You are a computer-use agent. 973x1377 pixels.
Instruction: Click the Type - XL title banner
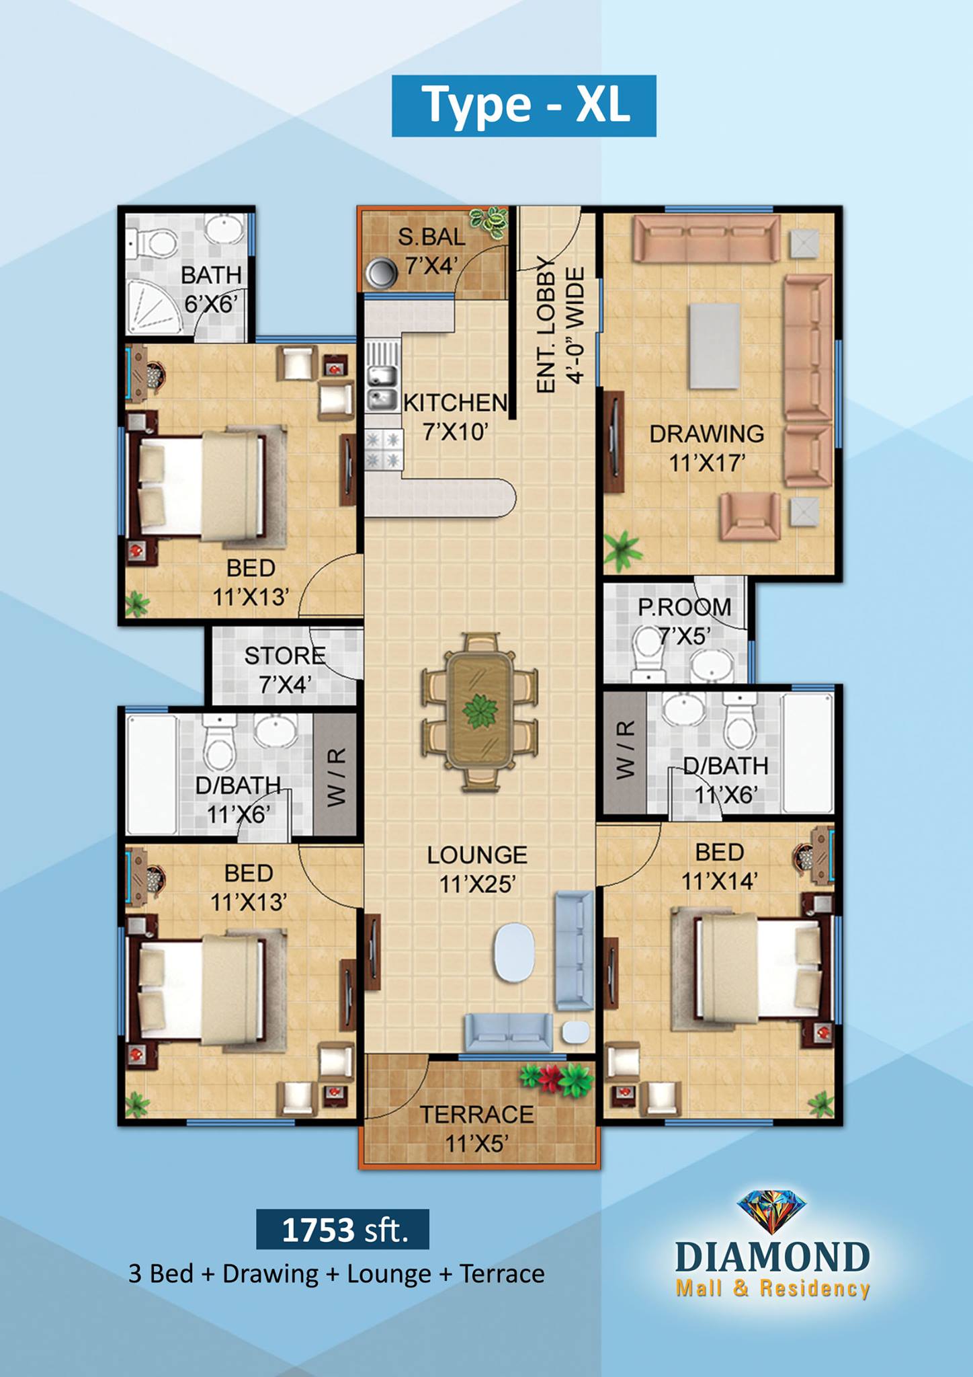pyautogui.click(x=524, y=106)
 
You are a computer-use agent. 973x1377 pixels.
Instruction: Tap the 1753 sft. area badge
pyautogui.click(x=343, y=1229)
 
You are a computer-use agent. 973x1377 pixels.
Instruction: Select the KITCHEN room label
pyautogui.click(x=455, y=402)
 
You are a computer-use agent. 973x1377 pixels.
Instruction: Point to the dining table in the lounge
pyautogui.click(x=479, y=711)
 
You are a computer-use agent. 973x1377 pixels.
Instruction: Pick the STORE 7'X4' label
pyautogui.click(x=285, y=670)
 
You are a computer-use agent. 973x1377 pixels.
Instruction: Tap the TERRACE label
pyautogui.click(x=477, y=1114)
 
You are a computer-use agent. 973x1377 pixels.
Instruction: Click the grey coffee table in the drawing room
pyautogui.click(x=714, y=346)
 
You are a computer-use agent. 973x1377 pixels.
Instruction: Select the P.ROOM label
pyautogui.click(x=685, y=607)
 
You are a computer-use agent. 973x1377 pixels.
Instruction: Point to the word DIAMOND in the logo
pyautogui.click(x=773, y=1257)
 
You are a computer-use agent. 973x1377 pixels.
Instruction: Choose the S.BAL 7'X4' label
pyautogui.click(x=431, y=251)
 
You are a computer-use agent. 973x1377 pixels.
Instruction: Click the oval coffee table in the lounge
pyautogui.click(x=515, y=952)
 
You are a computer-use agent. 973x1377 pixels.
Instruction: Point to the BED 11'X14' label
pyautogui.click(x=720, y=866)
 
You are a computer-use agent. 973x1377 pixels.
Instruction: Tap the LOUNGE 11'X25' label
pyautogui.click(x=477, y=869)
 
